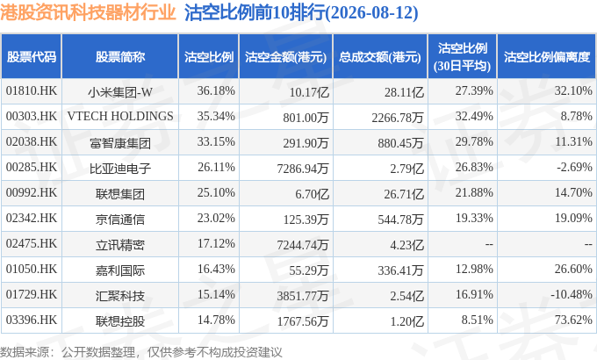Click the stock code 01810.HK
32,91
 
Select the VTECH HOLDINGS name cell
120,116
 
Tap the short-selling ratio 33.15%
216,141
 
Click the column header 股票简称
120,57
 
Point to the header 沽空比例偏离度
547,57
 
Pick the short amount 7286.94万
303,169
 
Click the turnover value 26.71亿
404,194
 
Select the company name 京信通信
120,220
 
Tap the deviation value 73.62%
573,320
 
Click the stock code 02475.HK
32,243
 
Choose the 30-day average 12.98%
474,269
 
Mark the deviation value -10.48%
572,294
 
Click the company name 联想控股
120,321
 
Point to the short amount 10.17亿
309,92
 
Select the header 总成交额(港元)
380,57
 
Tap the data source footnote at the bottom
141,352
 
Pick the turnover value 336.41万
400,270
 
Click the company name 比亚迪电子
120,169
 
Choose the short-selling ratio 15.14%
216,294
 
